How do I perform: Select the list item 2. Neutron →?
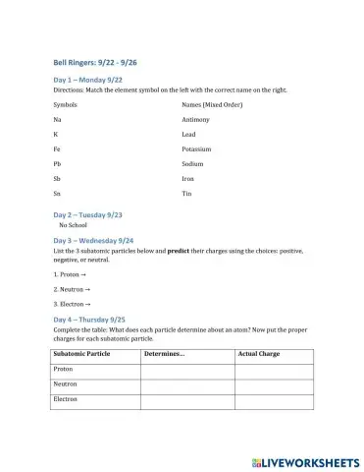click(75, 290)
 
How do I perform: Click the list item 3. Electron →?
click(75, 305)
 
